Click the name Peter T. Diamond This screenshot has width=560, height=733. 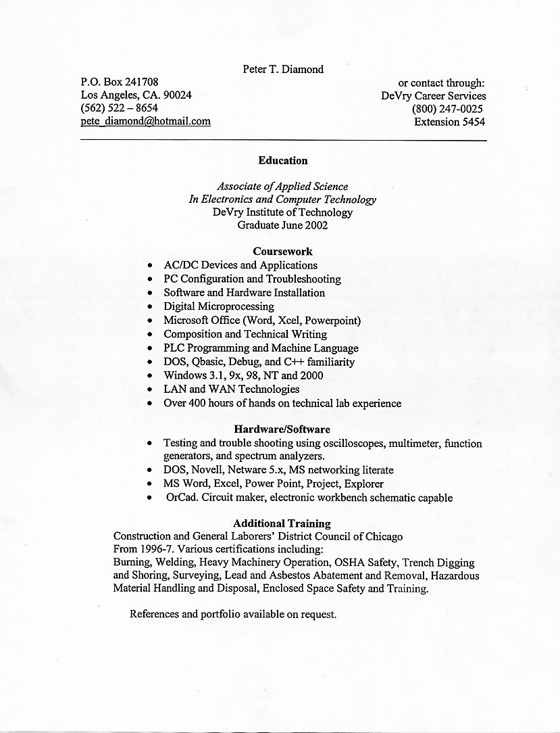tap(283, 69)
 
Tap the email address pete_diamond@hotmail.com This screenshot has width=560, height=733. tap(145, 121)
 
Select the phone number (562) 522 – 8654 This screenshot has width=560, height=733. tap(119, 108)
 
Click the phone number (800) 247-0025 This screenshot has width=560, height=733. tap(447, 109)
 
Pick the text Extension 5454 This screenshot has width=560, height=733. tap(449, 122)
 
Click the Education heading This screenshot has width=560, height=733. tap(282, 161)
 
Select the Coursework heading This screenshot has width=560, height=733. tap(282, 252)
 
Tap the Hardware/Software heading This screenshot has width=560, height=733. tap(282, 429)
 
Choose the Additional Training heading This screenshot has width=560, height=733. tap(282, 523)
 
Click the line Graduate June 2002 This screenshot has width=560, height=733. tap(282, 225)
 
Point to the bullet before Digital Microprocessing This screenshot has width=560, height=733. tap(149, 307)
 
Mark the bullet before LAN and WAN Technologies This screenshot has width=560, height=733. tap(149, 390)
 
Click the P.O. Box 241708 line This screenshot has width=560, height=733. tap(120, 82)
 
